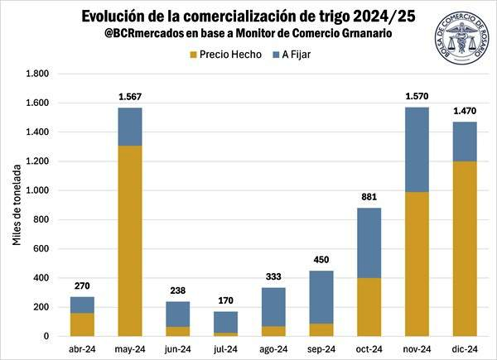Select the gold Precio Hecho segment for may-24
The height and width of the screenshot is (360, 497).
point(130,241)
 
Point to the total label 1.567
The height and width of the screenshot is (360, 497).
point(130,98)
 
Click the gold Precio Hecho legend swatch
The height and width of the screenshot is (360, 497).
point(194,55)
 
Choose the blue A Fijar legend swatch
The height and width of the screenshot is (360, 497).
point(277,55)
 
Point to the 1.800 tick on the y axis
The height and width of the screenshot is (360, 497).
point(38,74)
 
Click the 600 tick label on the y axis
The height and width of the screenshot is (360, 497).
point(41,249)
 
